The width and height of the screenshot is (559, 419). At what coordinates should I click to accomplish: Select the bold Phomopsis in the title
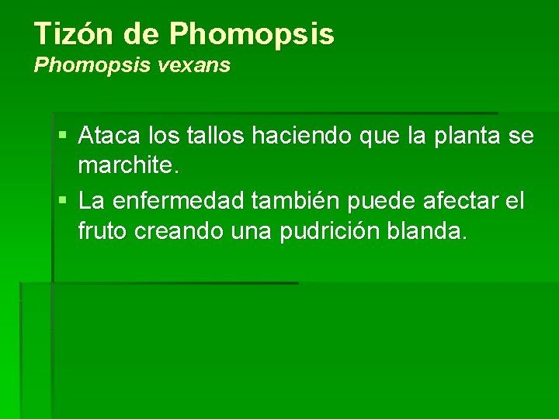[x=252, y=33]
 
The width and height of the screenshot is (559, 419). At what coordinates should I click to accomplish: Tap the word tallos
[x=214, y=137]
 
